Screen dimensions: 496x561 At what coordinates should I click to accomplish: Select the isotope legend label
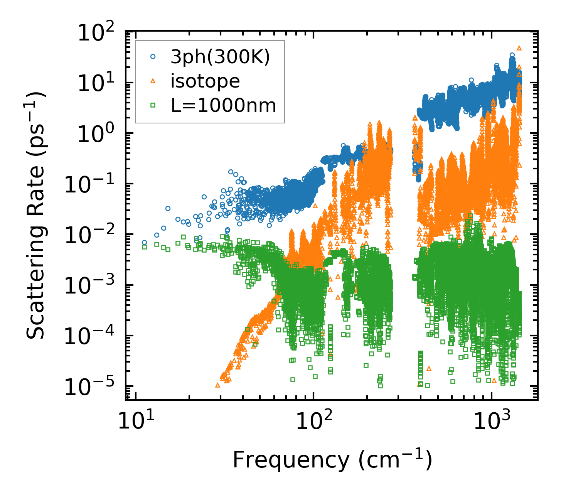point(205,81)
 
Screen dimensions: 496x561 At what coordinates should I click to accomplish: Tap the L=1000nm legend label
point(224,105)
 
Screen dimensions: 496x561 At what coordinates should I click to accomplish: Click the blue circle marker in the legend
point(153,57)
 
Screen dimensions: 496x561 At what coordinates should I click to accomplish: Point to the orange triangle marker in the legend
point(153,81)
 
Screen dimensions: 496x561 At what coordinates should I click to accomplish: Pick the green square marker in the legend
point(153,105)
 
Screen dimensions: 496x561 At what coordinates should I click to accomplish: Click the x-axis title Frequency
point(332,460)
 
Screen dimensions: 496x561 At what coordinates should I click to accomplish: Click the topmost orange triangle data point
point(519,48)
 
